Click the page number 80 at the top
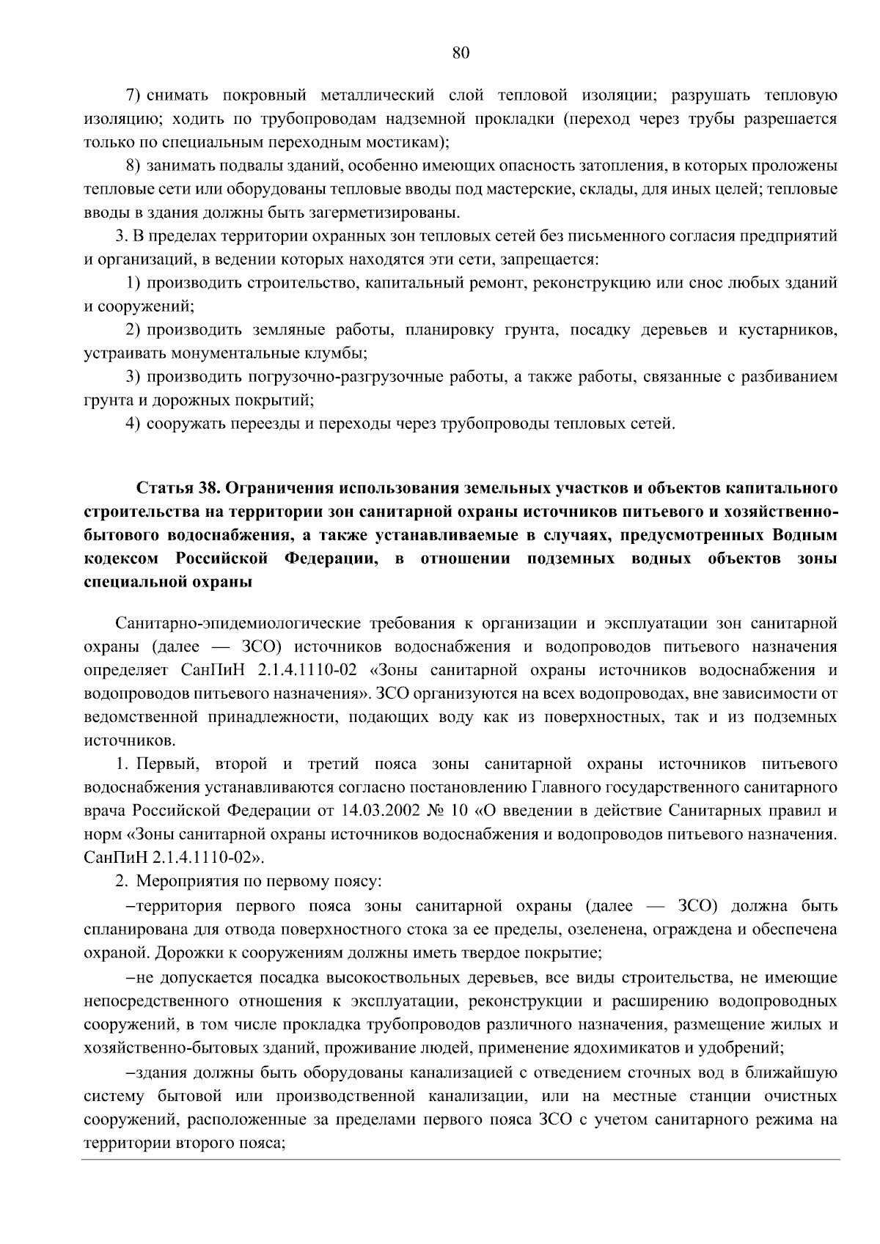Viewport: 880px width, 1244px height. [461, 52]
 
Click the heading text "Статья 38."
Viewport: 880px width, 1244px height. [175, 488]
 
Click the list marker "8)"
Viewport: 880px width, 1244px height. [133, 166]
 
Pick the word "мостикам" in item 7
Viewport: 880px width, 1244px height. [411, 143]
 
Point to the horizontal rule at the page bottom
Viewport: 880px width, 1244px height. [461, 1160]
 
